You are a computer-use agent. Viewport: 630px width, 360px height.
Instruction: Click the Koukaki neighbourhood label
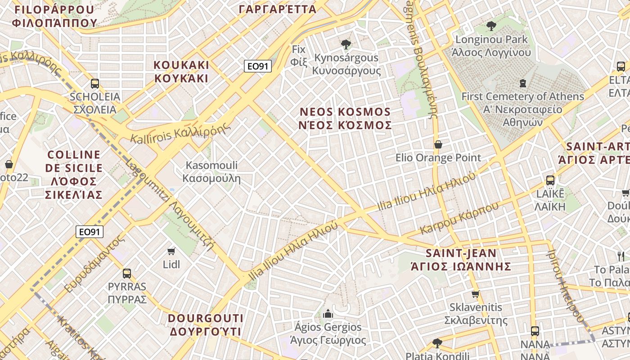181,72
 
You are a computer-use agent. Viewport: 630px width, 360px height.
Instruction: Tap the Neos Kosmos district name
345,118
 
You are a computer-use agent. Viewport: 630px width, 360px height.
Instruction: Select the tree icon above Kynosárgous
346,44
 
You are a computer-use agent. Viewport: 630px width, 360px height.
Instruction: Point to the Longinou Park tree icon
491,26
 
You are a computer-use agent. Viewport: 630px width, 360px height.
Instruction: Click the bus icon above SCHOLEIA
95,83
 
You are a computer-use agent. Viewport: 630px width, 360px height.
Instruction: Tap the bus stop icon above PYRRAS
127,273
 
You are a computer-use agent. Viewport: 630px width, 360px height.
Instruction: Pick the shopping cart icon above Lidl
171,251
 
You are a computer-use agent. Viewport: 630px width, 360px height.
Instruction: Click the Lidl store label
171,264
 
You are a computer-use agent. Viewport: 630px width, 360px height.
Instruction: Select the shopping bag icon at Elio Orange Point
438,144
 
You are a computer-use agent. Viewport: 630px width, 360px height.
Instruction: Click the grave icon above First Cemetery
523,83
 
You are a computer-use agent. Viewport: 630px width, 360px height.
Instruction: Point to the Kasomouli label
211,172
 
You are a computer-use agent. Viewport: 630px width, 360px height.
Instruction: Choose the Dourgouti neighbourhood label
205,325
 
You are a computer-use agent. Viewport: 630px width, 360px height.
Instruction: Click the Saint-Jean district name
461,260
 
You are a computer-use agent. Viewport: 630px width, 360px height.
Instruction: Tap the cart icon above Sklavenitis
475,294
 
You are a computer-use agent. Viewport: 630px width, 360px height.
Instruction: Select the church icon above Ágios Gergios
328,313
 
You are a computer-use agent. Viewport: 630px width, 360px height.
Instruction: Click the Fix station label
299,55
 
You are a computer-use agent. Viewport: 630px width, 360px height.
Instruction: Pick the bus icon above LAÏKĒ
550,180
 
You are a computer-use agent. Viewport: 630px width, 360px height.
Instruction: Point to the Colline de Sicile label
75,175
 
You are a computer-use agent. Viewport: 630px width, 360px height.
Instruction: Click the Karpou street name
459,218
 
